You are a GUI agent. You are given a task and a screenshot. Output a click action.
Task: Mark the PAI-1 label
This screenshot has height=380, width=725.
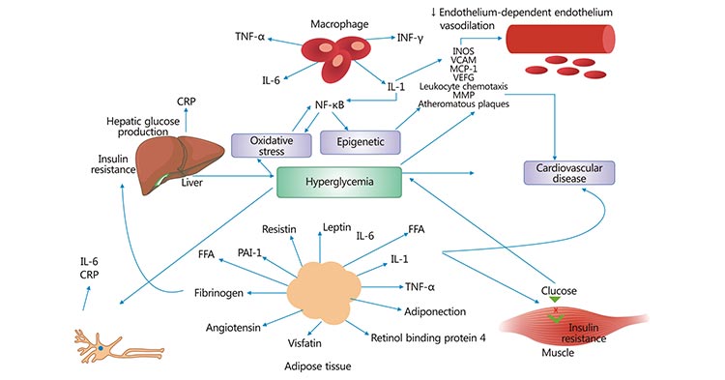pyautogui.click(x=250, y=253)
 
